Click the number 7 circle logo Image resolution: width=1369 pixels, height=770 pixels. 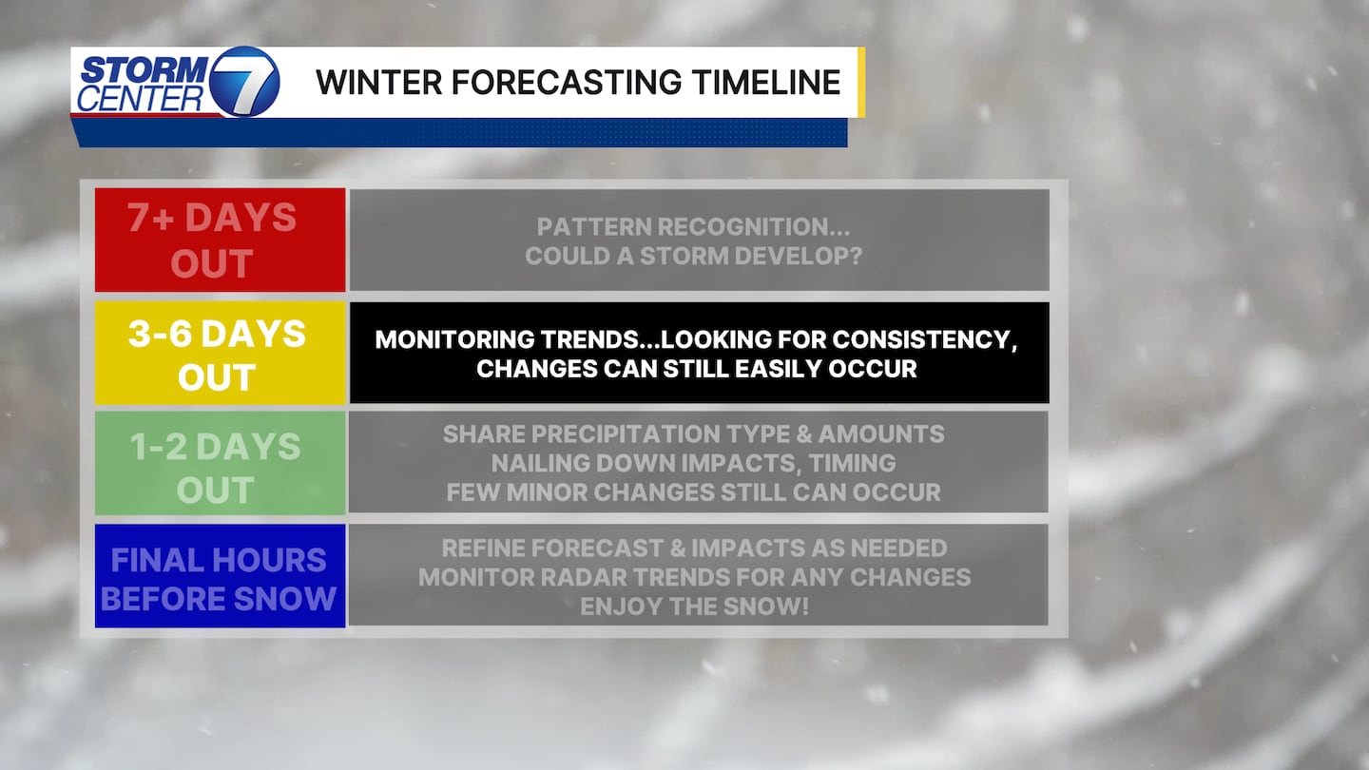click(x=244, y=82)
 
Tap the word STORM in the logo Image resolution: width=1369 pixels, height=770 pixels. click(x=145, y=69)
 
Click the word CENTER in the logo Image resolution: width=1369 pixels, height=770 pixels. click(x=140, y=99)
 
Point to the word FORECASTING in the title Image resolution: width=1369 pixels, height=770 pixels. click(x=567, y=83)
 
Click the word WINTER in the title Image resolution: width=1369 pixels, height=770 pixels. click(x=379, y=83)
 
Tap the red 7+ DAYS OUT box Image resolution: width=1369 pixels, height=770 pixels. click(x=220, y=240)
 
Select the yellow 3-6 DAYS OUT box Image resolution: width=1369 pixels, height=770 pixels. click(x=220, y=353)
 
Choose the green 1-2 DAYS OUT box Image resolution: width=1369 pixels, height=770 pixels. click(x=220, y=463)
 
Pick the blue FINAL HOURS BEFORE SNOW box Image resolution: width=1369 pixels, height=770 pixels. click(x=220, y=576)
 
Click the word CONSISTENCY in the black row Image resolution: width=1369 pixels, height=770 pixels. click(x=925, y=339)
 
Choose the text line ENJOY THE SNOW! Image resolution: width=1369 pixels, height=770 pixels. click(x=694, y=606)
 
